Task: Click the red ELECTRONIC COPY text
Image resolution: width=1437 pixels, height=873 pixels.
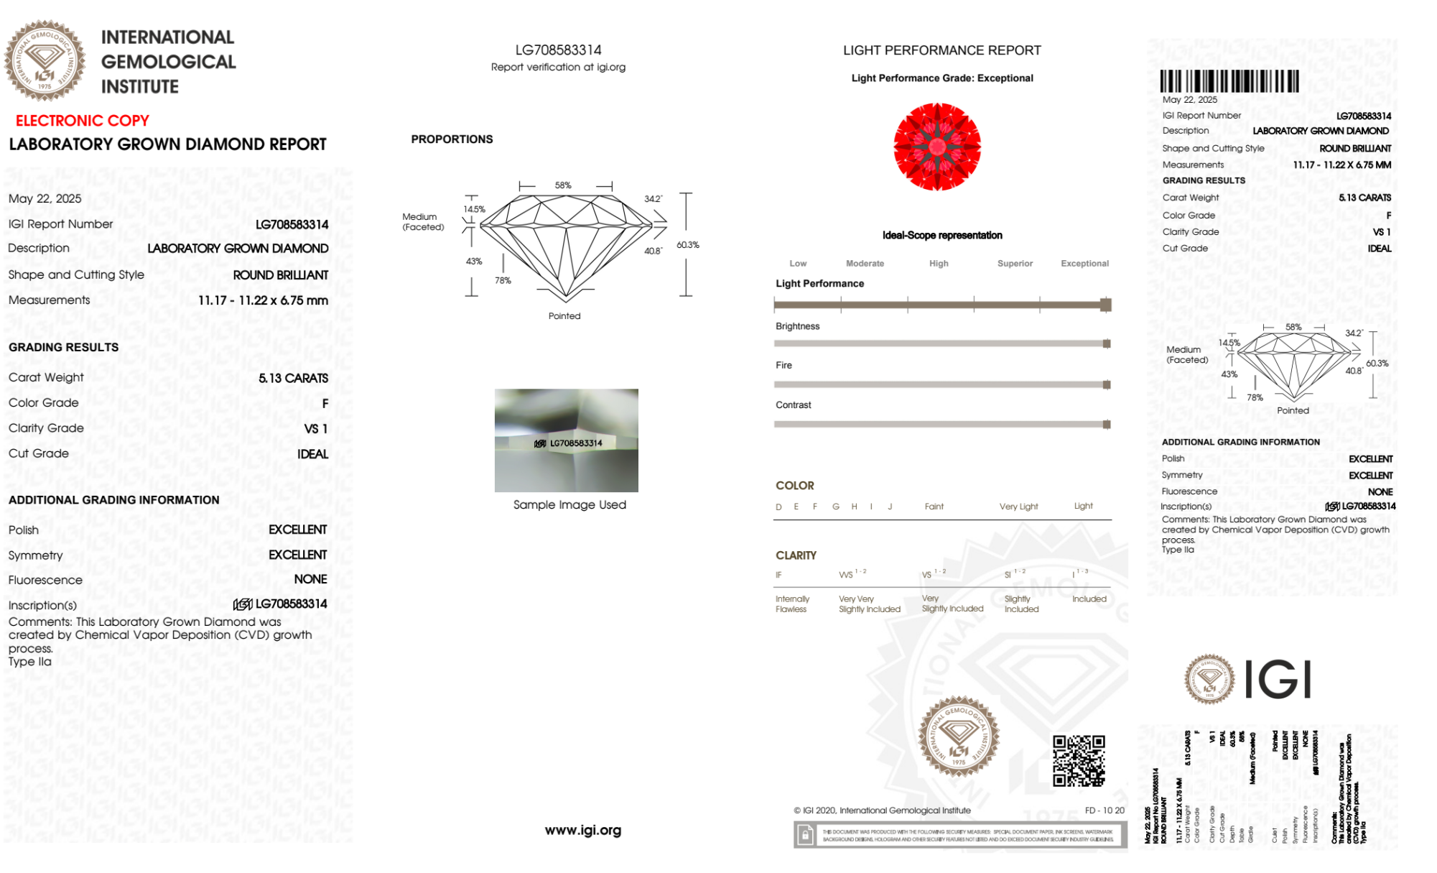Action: tap(83, 121)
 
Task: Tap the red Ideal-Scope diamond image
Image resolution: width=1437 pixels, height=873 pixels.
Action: tap(937, 147)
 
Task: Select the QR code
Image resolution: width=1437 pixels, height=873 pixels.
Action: tap(1078, 761)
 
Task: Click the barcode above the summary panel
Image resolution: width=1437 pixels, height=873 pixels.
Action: tap(1229, 81)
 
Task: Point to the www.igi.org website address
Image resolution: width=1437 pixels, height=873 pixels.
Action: tap(582, 830)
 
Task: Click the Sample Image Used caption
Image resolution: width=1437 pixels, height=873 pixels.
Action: tap(569, 504)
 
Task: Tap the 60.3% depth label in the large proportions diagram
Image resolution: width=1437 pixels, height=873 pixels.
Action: tap(687, 245)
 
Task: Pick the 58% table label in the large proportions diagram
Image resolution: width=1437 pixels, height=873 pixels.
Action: tap(563, 185)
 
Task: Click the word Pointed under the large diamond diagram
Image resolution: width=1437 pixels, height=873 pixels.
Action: tap(564, 316)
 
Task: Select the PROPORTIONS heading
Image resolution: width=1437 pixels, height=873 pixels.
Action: tap(452, 139)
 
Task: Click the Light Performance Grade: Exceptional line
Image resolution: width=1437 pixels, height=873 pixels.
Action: tap(942, 78)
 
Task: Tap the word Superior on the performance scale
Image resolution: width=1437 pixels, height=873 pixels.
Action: tap(1015, 264)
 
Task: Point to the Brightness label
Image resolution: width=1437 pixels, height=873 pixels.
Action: tap(797, 326)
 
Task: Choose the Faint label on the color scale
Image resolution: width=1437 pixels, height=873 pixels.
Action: tap(934, 507)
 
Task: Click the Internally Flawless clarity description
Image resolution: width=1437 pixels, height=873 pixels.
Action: tap(792, 604)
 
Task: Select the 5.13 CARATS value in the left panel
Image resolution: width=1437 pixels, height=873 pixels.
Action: tap(293, 378)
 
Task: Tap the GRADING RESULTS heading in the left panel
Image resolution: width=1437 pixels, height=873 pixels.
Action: tap(64, 347)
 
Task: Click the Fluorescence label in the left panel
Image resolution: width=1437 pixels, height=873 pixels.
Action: tap(45, 580)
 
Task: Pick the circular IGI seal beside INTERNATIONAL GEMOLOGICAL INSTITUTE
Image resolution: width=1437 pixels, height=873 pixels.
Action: tap(45, 60)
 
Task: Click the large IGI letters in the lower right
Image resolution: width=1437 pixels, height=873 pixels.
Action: tap(1278, 679)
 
